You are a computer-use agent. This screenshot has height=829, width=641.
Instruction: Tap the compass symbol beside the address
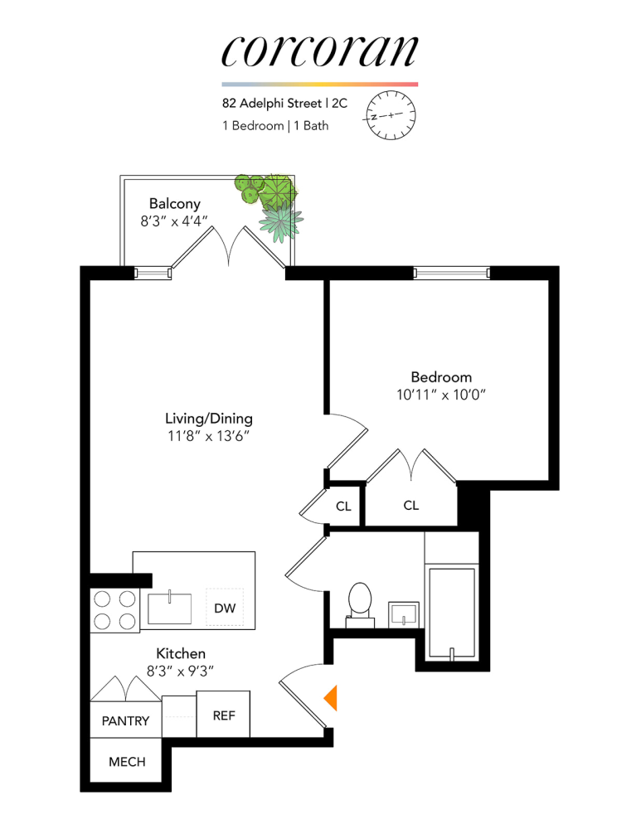coord(389,117)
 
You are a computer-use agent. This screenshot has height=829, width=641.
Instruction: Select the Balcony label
coord(174,203)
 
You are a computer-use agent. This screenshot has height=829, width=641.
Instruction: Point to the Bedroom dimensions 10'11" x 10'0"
coord(440,395)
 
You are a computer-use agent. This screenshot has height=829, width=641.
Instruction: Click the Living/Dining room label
coord(209,418)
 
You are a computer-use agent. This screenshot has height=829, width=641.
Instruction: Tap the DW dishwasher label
coord(224,608)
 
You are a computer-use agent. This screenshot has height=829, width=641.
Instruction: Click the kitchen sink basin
coord(170,608)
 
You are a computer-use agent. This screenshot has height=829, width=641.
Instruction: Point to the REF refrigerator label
coord(224,715)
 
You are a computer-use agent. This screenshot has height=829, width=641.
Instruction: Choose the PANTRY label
coord(126,721)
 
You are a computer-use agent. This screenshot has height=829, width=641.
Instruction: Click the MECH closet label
coord(127,762)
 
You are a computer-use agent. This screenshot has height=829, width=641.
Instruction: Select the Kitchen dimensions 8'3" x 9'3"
coord(181,672)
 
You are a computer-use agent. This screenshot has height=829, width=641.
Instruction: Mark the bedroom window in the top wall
coord(452,273)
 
